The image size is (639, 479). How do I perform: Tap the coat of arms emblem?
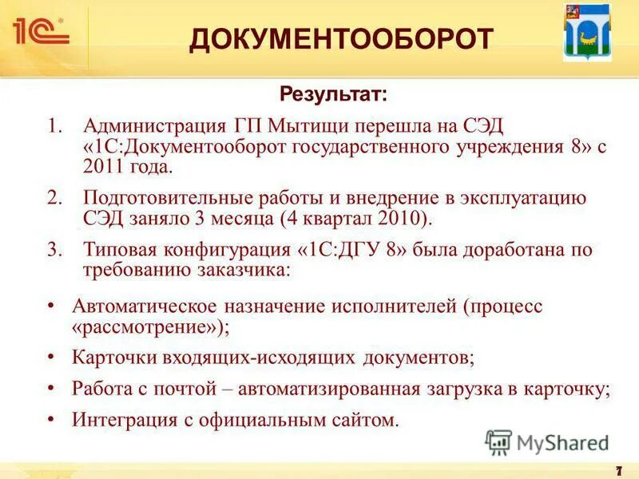coord(587,37)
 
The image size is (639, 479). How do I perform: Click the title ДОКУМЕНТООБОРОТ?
coord(341,38)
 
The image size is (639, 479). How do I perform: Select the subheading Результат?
coord(333,95)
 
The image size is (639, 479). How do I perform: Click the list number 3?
coord(54,249)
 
